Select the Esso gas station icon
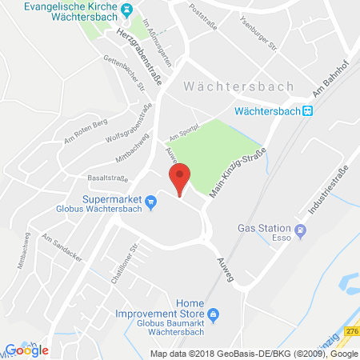pos(300,232)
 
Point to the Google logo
pos(26,349)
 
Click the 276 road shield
pos(352,331)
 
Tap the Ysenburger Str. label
pos(250,34)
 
